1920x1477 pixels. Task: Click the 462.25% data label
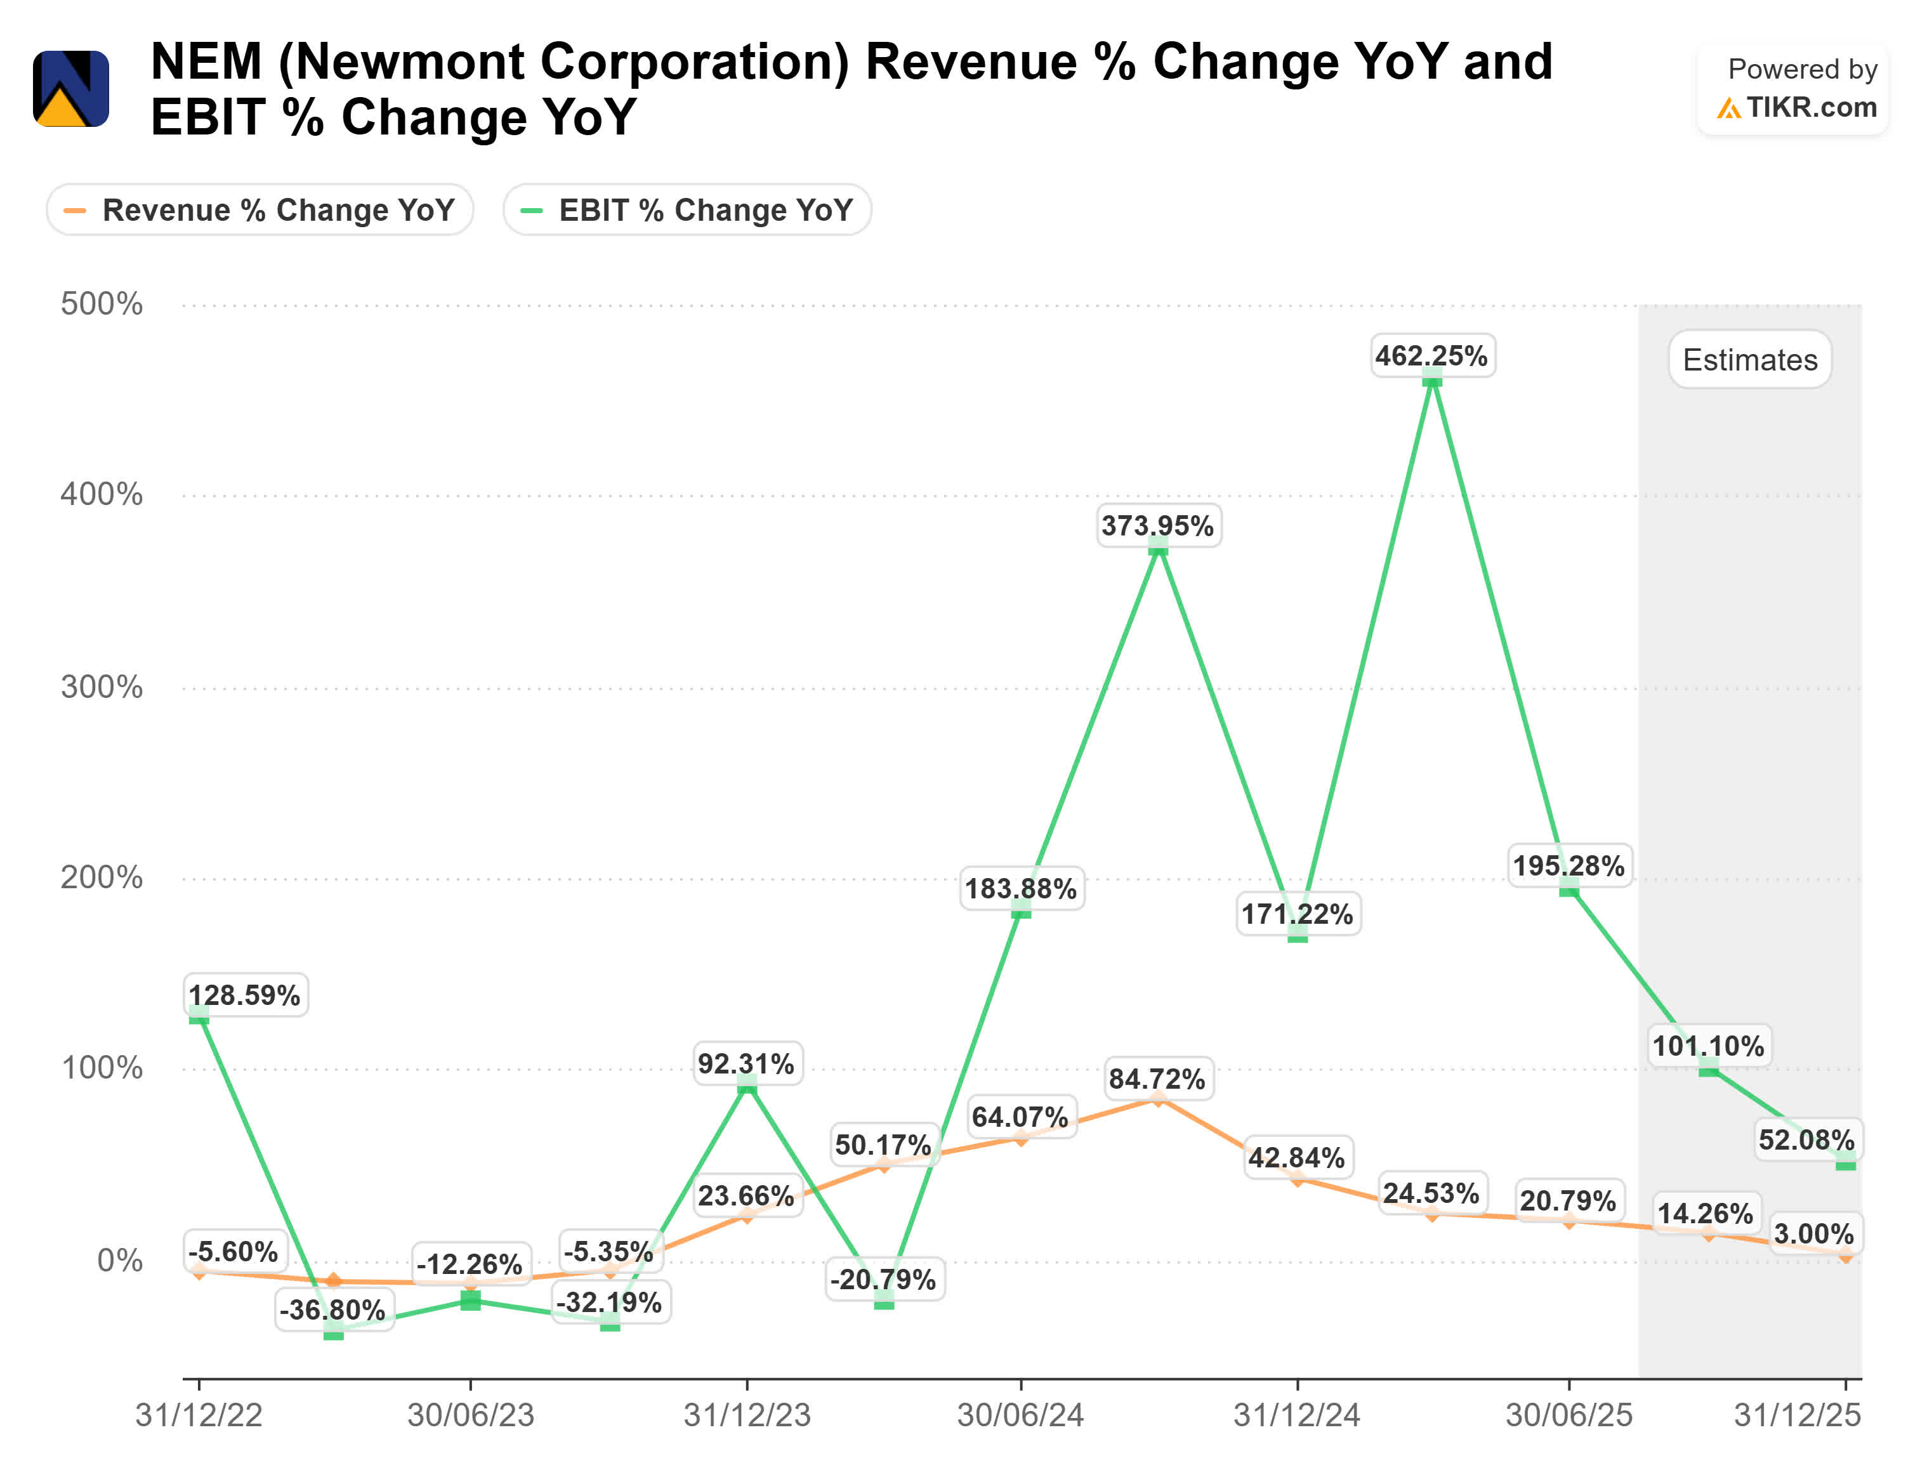[x=1432, y=355]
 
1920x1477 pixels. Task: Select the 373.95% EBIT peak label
[x=1158, y=526]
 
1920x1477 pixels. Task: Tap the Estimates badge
[x=1749, y=360]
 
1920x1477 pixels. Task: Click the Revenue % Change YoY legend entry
[x=260, y=210]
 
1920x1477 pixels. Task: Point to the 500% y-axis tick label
[x=101, y=304]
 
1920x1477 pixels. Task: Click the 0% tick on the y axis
[x=119, y=1261]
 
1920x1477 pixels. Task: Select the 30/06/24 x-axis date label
[x=1020, y=1415]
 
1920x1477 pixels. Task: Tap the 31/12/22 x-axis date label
[x=199, y=1415]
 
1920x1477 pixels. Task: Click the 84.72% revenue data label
[x=1157, y=1079]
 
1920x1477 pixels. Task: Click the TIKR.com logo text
[x=1810, y=107]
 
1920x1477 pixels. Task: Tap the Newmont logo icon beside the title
[x=71, y=89]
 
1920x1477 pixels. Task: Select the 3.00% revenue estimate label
[x=1813, y=1233]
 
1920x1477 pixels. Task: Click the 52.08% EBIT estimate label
[x=1806, y=1139]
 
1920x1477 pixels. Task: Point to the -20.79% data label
[x=883, y=1279]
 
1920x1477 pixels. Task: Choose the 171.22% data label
[x=1297, y=914]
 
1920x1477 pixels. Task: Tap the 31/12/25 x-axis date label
[x=1797, y=1415]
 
